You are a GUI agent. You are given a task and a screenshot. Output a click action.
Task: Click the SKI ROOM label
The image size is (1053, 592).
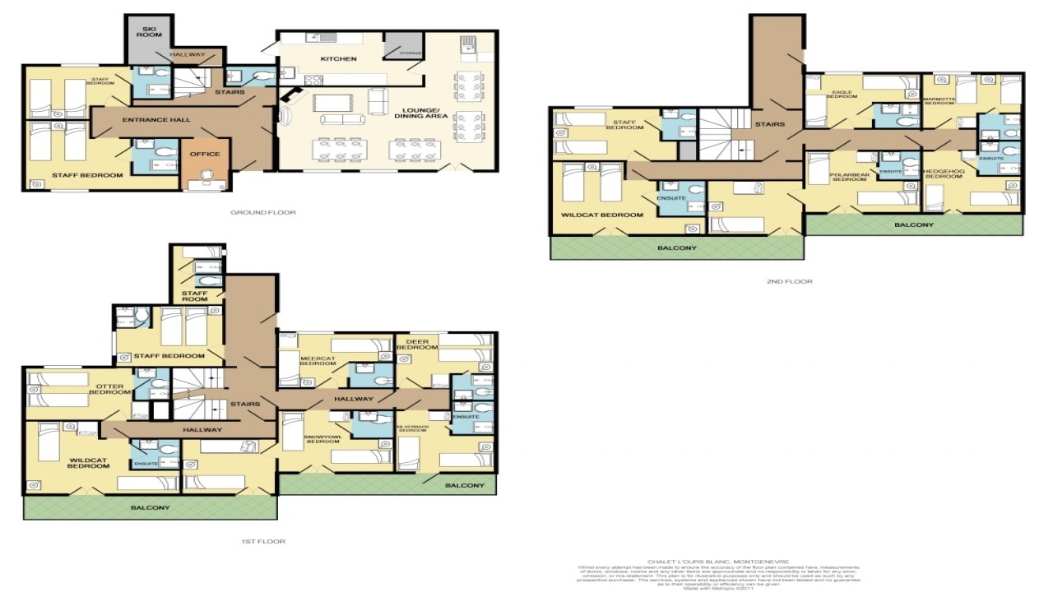click(x=149, y=32)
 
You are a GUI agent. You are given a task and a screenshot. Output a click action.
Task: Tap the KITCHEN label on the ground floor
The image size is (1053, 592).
click(x=339, y=59)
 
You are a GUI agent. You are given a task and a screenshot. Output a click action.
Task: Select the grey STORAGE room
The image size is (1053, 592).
click(x=403, y=50)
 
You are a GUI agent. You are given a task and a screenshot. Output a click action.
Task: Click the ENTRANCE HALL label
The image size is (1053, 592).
click(x=156, y=120)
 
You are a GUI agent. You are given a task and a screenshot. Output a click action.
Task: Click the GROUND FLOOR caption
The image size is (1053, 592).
click(x=264, y=212)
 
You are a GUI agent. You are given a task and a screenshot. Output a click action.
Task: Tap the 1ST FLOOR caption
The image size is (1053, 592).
click(x=264, y=542)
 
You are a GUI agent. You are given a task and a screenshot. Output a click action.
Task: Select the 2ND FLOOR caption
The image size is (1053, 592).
click(x=790, y=282)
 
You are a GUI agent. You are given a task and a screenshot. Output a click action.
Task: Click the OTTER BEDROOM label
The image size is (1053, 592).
click(x=110, y=389)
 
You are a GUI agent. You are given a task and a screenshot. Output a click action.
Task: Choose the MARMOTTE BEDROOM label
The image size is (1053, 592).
click(x=939, y=100)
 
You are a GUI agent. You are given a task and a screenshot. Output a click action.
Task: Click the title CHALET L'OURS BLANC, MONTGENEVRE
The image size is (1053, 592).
click(x=718, y=562)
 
